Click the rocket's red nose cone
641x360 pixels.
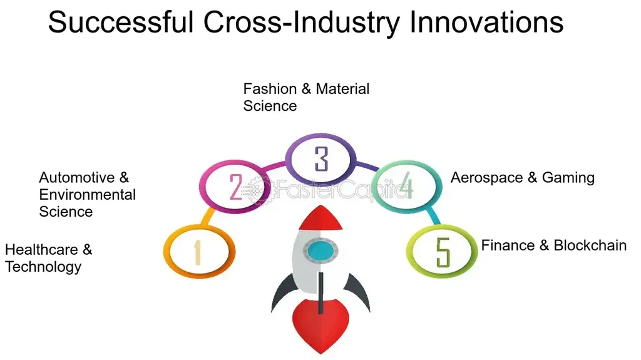click(320, 218)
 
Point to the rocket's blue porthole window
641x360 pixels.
click(320, 250)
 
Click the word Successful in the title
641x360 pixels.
click(121, 22)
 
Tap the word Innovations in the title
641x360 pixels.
click(486, 22)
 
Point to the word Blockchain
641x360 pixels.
click(590, 245)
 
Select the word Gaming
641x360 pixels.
click(568, 178)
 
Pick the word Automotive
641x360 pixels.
click(77, 178)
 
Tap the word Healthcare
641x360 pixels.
click(41, 250)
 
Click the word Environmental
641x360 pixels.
click(88, 195)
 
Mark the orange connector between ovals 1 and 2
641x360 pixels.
click(208, 217)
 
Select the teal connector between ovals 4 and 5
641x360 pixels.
click(433, 216)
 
